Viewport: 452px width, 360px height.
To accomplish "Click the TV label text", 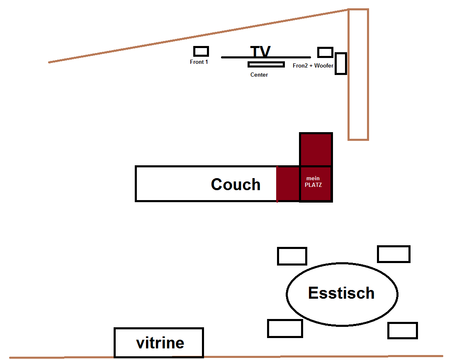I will click(x=260, y=52).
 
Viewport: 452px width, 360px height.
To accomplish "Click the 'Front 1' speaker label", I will click(x=199, y=62).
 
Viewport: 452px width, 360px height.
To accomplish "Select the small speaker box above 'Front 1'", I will click(x=201, y=51).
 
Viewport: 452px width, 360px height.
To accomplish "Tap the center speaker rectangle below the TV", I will click(x=266, y=64).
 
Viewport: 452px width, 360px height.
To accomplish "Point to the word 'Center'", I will click(x=259, y=75).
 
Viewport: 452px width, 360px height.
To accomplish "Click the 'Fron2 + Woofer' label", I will click(x=313, y=66).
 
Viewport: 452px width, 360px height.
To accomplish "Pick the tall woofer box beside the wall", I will click(x=340, y=64).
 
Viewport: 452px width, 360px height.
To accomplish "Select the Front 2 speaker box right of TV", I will click(x=325, y=52).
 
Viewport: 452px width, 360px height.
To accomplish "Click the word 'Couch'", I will click(x=236, y=184).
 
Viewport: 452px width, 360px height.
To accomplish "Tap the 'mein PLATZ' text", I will click(x=313, y=182).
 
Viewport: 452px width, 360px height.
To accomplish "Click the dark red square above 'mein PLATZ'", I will click(x=316, y=150).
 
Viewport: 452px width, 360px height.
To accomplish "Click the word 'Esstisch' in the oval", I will click(x=341, y=293).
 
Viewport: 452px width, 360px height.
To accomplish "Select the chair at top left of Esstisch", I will click(x=292, y=256).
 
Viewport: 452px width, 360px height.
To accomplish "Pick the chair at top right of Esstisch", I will click(x=394, y=254).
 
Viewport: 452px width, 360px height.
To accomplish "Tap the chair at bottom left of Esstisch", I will click(x=285, y=329).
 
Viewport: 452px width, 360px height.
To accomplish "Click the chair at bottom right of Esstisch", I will click(x=402, y=331).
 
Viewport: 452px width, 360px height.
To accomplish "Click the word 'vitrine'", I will click(x=160, y=343).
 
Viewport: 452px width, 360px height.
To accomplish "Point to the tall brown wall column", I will click(x=358, y=75).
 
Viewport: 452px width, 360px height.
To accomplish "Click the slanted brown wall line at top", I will click(x=199, y=36).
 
